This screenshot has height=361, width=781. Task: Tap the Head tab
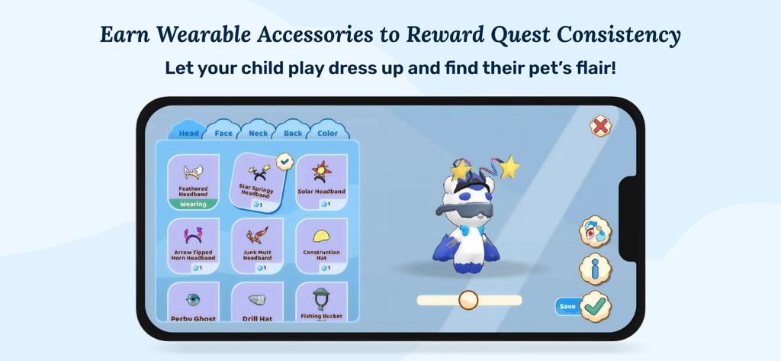click(x=188, y=133)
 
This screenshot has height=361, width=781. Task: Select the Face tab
click(x=223, y=133)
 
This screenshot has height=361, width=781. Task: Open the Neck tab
click(x=258, y=133)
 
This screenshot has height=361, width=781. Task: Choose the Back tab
click(x=293, y=133)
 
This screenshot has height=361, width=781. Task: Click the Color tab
click(x=327, y=133)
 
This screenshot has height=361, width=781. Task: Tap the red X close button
click(x=600, y=126)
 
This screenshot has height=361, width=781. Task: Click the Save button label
click(x=567, y=307)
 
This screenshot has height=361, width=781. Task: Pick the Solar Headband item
click(x=321, y=181)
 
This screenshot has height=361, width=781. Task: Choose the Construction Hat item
click(x=321, y=244)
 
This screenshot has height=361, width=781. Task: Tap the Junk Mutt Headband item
click(x=257, y=244)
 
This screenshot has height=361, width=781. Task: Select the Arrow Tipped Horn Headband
click(x=193, y=244)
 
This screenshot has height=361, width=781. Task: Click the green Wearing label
click(x=193, y=205)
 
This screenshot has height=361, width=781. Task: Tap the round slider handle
click(x=468, y=300)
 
